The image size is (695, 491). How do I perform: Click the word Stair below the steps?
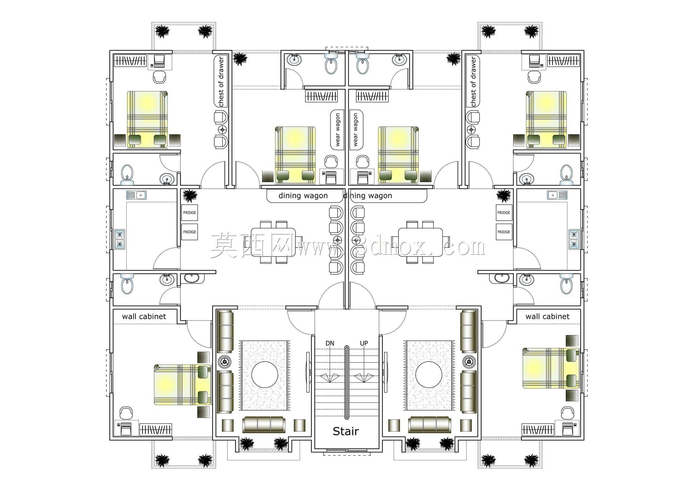click(346, 431)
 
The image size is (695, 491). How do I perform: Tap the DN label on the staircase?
click(330, 343)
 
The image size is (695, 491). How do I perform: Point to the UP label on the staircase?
click(364, 343)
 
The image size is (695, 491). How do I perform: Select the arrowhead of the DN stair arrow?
click(329, 378)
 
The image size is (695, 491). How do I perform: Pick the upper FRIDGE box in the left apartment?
click(190, 213)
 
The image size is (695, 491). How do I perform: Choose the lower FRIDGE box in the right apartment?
click(504, 232)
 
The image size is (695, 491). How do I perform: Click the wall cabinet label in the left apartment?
click(144, 316)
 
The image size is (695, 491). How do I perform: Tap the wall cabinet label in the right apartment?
click(547, 316)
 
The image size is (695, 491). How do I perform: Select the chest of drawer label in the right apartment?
click(473, 81)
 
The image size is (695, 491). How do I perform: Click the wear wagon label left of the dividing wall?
click(338, 130)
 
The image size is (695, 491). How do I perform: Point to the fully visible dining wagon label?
click(303, 196)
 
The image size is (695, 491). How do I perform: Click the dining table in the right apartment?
click(420, 242)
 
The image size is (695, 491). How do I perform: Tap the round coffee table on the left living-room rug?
click(264, 375)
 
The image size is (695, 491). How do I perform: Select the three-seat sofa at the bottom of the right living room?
click(429, 424)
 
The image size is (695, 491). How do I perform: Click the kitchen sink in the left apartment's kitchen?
click(136, 195)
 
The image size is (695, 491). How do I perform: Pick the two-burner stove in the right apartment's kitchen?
click(574, 239)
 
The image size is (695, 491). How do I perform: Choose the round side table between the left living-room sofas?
click(224, 361)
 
